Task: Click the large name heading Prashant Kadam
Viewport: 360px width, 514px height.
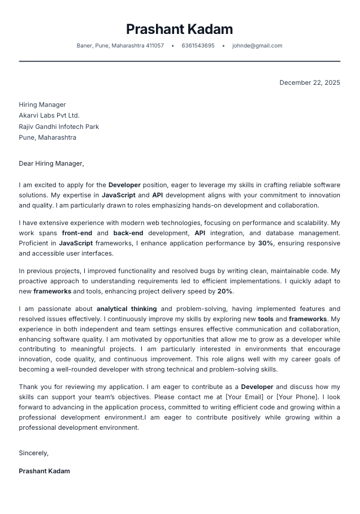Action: tap(179, 29)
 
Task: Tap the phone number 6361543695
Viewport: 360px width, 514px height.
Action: tap(198, 46)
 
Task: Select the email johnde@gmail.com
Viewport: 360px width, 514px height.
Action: tap(257, 46)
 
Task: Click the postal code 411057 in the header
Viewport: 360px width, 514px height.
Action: tap(155, 46)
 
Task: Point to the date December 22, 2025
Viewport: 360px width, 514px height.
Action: tap(310, 83)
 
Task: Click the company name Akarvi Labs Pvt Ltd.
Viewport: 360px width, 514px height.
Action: tap(49, 115)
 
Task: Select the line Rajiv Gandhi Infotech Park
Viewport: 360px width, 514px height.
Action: tap(59, 127)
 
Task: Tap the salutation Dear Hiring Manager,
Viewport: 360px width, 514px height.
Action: tap(51, 163)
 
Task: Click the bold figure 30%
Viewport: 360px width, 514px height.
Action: tap(265, 243)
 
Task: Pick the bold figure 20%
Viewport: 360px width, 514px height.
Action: tap(225, 291)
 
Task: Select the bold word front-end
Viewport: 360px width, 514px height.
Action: tap(77, 232)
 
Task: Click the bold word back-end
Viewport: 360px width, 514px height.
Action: tap(128, 232)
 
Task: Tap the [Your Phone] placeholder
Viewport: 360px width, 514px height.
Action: tap(297, 398)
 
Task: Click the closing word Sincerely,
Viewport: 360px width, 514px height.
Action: tap(34, 453)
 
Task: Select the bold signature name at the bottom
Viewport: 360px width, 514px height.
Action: tap(44, 471)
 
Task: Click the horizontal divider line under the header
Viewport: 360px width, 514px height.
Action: tap(180, 61)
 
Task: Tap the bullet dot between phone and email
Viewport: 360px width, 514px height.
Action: tap(223, 46)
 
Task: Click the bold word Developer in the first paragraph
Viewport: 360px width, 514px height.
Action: tap(124, 185)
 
